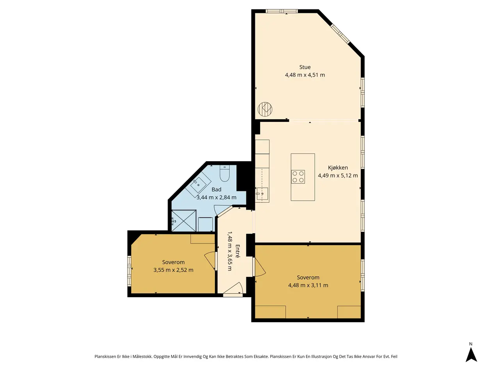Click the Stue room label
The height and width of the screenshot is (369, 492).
[305, 67]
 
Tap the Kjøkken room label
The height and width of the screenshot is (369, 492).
[338, 168]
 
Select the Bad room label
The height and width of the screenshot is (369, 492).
[216, 189]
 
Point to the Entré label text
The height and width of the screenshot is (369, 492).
[238, 251]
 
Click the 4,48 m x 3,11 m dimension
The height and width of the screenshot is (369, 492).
[308, 285]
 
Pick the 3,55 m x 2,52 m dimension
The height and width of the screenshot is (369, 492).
[173, 270]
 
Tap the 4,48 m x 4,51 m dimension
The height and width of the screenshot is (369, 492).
[305, 75]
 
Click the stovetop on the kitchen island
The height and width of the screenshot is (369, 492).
[298, 176]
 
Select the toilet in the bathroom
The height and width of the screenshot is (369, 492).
[224, 173]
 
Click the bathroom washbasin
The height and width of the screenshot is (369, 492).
[198, 185]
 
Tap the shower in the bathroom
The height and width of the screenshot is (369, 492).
[184, 221]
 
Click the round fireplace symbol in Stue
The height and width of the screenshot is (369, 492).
[265, 109]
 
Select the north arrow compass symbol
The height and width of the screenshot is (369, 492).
[471, 355]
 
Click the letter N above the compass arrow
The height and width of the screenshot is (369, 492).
[471, 344]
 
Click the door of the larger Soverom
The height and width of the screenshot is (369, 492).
[259, 267]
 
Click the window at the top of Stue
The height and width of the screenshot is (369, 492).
[282, 11]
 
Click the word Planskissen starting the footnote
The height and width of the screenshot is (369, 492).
[105, 357]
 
